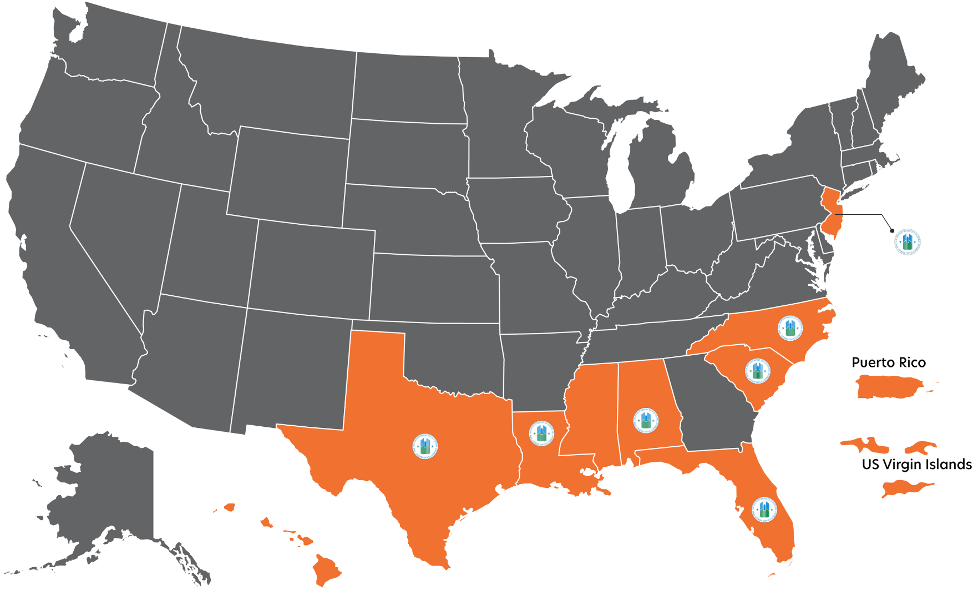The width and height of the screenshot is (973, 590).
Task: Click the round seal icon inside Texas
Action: coord(425,446)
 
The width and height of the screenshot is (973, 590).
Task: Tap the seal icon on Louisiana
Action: coord(541,433)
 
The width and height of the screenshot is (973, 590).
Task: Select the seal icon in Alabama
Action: coord(646,421)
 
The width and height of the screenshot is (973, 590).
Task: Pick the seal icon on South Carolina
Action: coord(757,371)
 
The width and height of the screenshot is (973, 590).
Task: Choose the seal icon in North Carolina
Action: coord(790,328)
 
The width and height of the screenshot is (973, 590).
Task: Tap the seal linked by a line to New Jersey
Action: coord(908,241)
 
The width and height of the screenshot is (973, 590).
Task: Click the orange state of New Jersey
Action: coord(830,214)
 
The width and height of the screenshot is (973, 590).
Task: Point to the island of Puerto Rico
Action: coord(888,386)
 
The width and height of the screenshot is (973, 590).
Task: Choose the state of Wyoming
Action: coord(288,172)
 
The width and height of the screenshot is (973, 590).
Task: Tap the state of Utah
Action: coord(208,244)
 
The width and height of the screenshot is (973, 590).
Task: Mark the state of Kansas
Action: coord(433,289)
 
